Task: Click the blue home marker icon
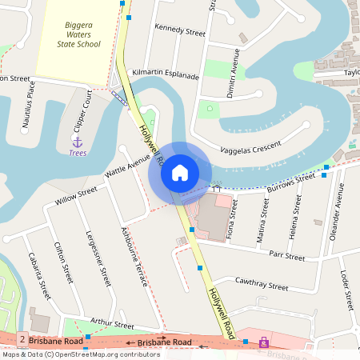(180, 172)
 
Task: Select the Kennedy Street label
(180, 30)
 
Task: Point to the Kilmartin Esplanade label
(166, 73)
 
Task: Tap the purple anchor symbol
(78, 141)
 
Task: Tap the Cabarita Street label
(37, 272)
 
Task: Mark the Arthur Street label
(112, 324)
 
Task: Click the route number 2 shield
(21, 341)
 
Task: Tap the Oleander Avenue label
(337, 212)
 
